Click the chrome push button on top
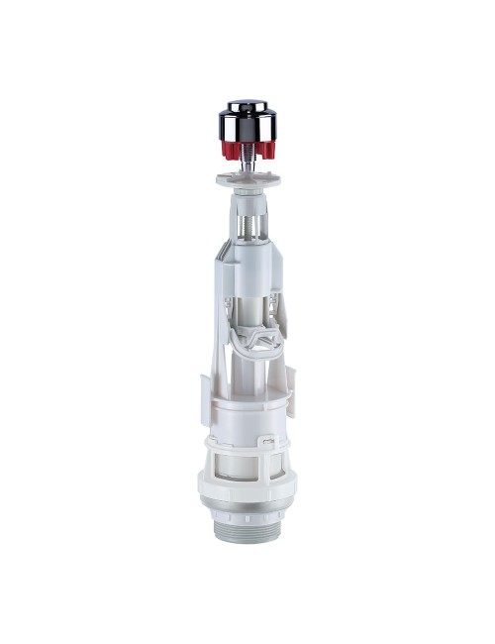tap(247, 120)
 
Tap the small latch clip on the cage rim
tap(266, 439)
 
